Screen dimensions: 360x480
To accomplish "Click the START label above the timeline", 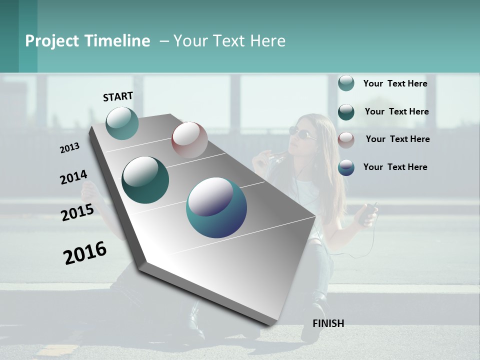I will tap(118, 96).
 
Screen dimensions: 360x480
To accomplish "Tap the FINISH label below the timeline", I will tap(328, 323).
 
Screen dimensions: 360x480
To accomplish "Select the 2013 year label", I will tap(69, 148).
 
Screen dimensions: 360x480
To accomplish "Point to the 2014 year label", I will tap(73, 177).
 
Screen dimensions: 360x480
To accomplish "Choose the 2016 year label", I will tap(85, 253).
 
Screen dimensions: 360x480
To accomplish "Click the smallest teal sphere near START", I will tap(122, 123).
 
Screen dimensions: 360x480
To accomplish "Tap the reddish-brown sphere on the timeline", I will tap(189, 140).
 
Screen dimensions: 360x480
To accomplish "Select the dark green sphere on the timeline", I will tap(145, 180).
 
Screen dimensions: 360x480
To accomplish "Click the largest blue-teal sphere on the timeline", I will tap(216, 207).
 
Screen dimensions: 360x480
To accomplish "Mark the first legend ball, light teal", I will tap(346, 83).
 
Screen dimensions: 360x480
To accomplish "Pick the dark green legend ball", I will tap(346, 111).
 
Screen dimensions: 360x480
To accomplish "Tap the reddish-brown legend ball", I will tap(346, 139).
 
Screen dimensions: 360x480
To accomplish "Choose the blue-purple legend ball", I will tap(346, 167).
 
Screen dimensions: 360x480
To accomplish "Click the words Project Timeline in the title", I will tap(87, 41).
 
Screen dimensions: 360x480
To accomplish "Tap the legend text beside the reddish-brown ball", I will tap(397, 139).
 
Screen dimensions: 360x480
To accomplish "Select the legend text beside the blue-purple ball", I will tap(395, 167).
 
